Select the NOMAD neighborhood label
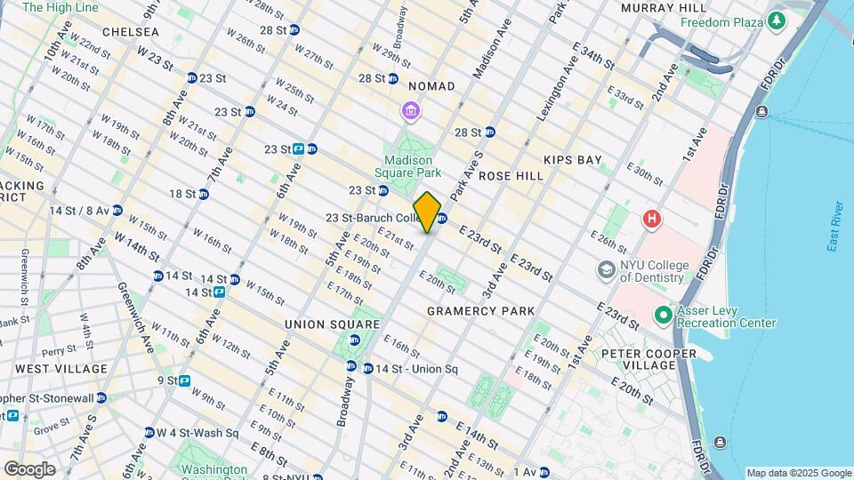tap(431, 86)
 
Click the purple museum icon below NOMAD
tap(411, 111)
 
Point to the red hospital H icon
tap(653, 218)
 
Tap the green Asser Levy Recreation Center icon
tap(663, 316)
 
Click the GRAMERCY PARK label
tap(480, 311)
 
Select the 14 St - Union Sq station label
tap(415, 369)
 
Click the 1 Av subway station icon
tap(544, 472)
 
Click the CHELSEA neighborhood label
tap(130, 32)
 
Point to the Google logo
tap(29, 469)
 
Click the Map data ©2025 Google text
tap(798, 473)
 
